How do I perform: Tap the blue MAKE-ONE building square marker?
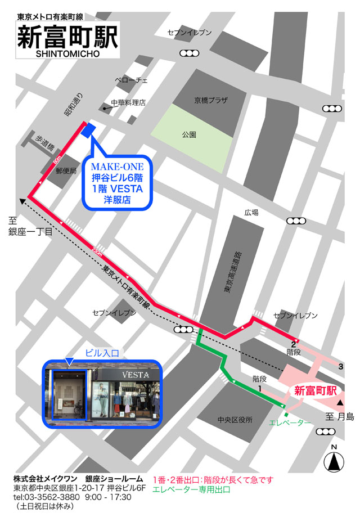point(88,131)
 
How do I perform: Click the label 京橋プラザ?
point(211,100)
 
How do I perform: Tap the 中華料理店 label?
point(128,102)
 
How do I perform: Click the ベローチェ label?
point(131,80)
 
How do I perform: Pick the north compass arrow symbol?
point(335,462)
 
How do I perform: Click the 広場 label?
point(251,213)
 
